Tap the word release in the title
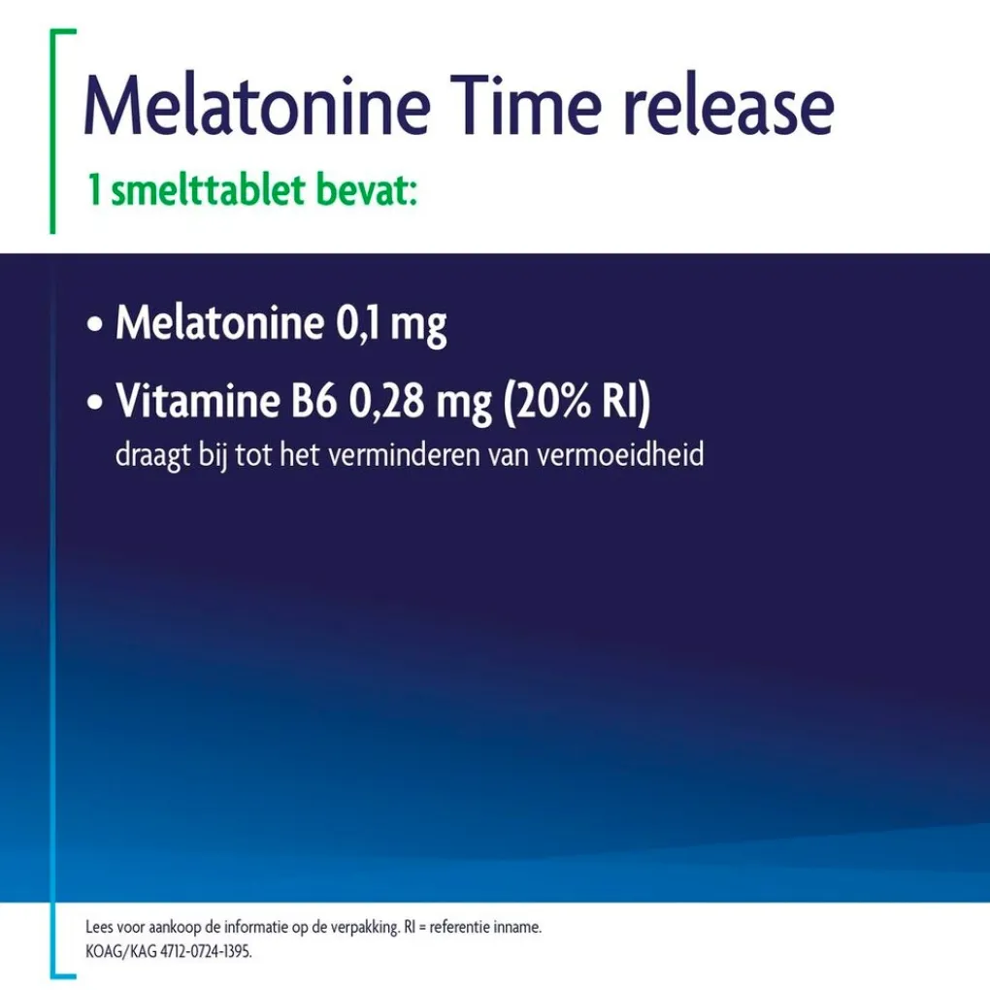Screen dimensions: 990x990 tap(729, 106)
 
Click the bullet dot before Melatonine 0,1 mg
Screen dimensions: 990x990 tap(95, 324)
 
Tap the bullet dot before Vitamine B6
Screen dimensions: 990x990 tap(95, 402)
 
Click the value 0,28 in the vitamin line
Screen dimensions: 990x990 tap(386, 402)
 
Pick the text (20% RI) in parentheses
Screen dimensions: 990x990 tap(577, 402)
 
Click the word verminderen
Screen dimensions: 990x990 tap(405, 454)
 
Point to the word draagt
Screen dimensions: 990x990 tap(152, 456)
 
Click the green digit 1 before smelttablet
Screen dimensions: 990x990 tap(95, 189)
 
